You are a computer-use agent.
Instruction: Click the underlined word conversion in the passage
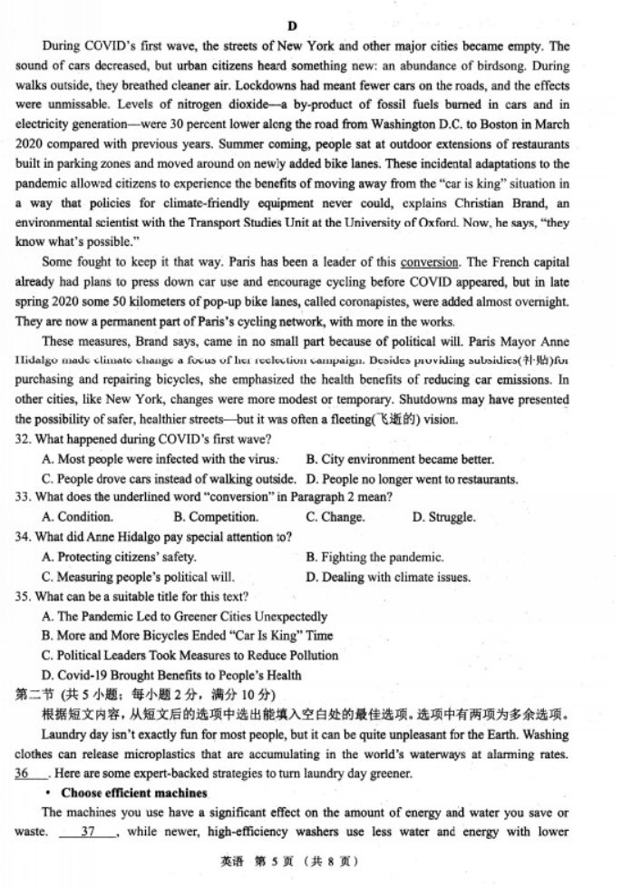(x=430, y=262)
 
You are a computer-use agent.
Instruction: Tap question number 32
(x=24, y=439)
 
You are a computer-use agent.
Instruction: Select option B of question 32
(x=400, y=460)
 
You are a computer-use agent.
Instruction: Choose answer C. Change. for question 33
(x=335, y=518)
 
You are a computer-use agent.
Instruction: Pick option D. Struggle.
(x=443, y=518)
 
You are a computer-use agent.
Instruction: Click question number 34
(x=24, y=537)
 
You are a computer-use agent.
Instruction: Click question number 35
(x=24, y=596)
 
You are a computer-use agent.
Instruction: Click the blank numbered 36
(x=27, y=774)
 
